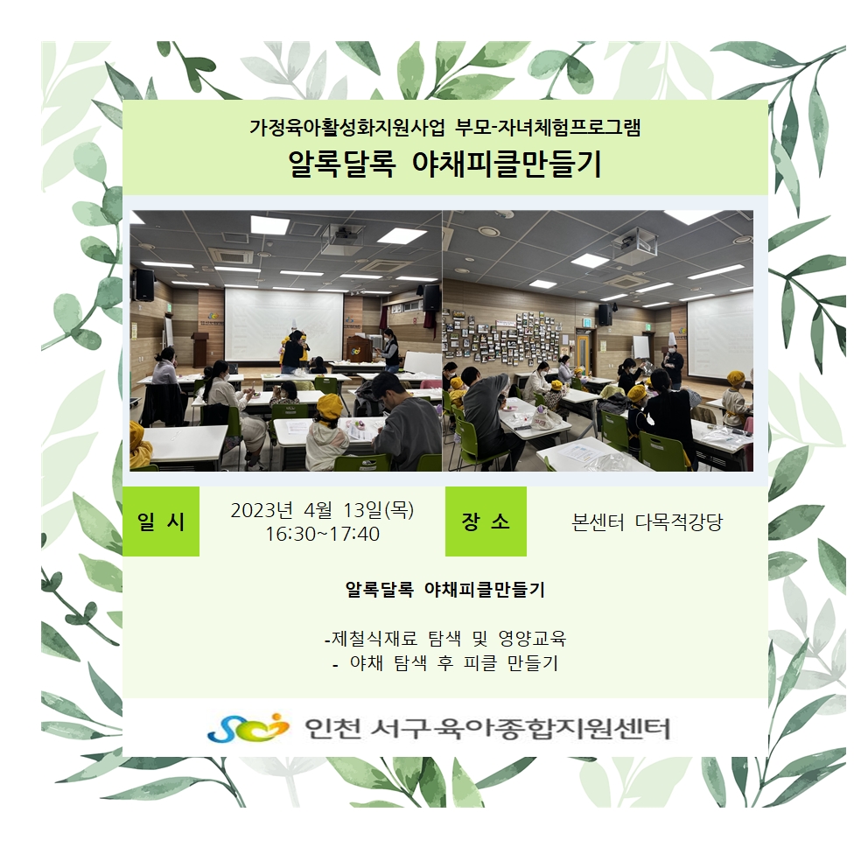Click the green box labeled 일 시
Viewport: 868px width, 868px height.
click(x=161, y=521)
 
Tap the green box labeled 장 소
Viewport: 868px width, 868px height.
click(x=486, y=521)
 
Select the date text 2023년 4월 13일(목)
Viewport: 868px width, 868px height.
click(x=322, y=510)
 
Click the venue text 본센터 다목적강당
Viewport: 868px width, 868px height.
click(x=647, y=522)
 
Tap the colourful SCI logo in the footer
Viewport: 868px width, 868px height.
click(x=248, y=728)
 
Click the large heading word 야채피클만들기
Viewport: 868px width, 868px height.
click(x=507, y=164)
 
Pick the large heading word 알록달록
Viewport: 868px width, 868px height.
click(x=342, y=164)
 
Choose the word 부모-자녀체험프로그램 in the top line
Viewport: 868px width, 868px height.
click(x=548, y=128)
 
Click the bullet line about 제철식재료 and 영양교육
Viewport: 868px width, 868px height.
click(x=445, y=638)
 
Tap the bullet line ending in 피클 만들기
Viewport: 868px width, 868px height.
click(x=445, y=662)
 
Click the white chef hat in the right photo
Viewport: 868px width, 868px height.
click(x=672, y=339)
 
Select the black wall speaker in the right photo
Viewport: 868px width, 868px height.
click(x=605, y=314)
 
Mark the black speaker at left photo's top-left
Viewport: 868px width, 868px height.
click(x=144, y=284)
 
